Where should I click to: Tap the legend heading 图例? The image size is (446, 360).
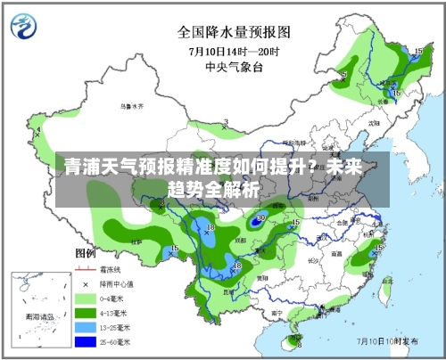[x=86, y=254]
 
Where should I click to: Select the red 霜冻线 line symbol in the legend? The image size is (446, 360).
[x=86, y=268]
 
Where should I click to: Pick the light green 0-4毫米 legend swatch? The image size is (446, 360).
[x=86, y=298]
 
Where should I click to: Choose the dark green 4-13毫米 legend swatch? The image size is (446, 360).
[x=86, y=313]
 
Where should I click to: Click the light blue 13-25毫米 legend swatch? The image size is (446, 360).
[x=86, y=327]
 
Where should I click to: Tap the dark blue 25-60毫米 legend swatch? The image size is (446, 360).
[x=86, y=341]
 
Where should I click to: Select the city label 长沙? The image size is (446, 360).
[x=307, y=261]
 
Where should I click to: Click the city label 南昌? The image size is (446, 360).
[x=336, y=253]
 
